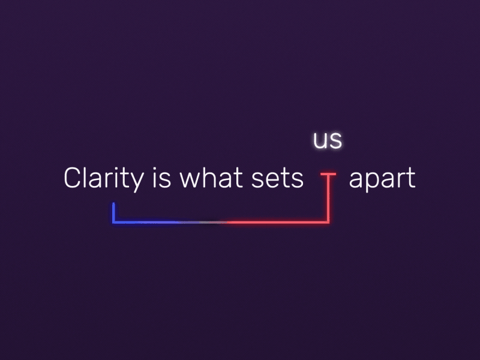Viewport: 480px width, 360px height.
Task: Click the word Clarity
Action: (104, 179)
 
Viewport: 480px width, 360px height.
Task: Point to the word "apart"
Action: (382, 179)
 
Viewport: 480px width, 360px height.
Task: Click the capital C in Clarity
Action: (72, 179)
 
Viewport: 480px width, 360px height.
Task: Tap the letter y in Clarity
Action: (138, 181)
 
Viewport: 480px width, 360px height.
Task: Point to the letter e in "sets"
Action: (273, 180)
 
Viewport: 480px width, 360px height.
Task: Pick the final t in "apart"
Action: (411, 179)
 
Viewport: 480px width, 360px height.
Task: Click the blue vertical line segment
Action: (113, 212)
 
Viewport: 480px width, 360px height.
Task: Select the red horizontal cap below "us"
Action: (328, 175)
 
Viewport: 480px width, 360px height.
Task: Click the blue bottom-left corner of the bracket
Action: (114, 221)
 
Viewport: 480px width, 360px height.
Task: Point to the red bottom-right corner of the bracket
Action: (328, 221)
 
